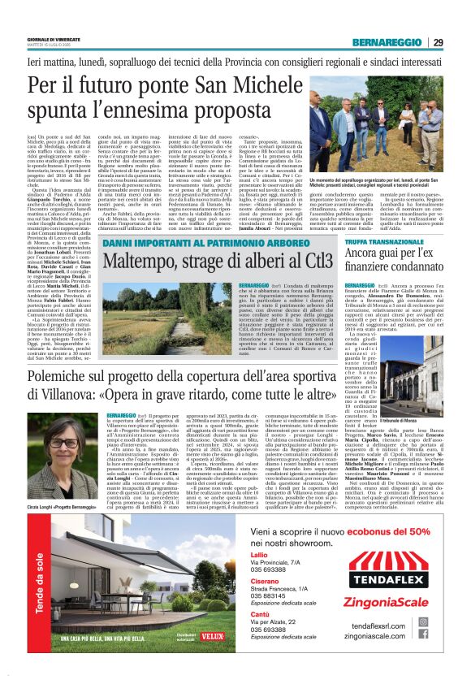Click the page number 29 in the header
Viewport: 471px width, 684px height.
click(x=438, y=41)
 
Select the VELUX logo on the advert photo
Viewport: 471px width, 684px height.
click(x=213, y=634)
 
